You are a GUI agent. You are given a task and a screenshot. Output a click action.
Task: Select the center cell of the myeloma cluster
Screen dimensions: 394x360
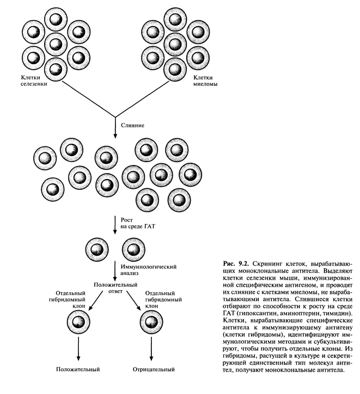tap(175, 42)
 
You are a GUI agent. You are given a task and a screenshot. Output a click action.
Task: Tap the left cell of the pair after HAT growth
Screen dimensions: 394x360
tap(96, 250)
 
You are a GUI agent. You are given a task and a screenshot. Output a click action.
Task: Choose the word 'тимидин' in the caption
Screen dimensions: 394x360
tap(338, 316)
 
